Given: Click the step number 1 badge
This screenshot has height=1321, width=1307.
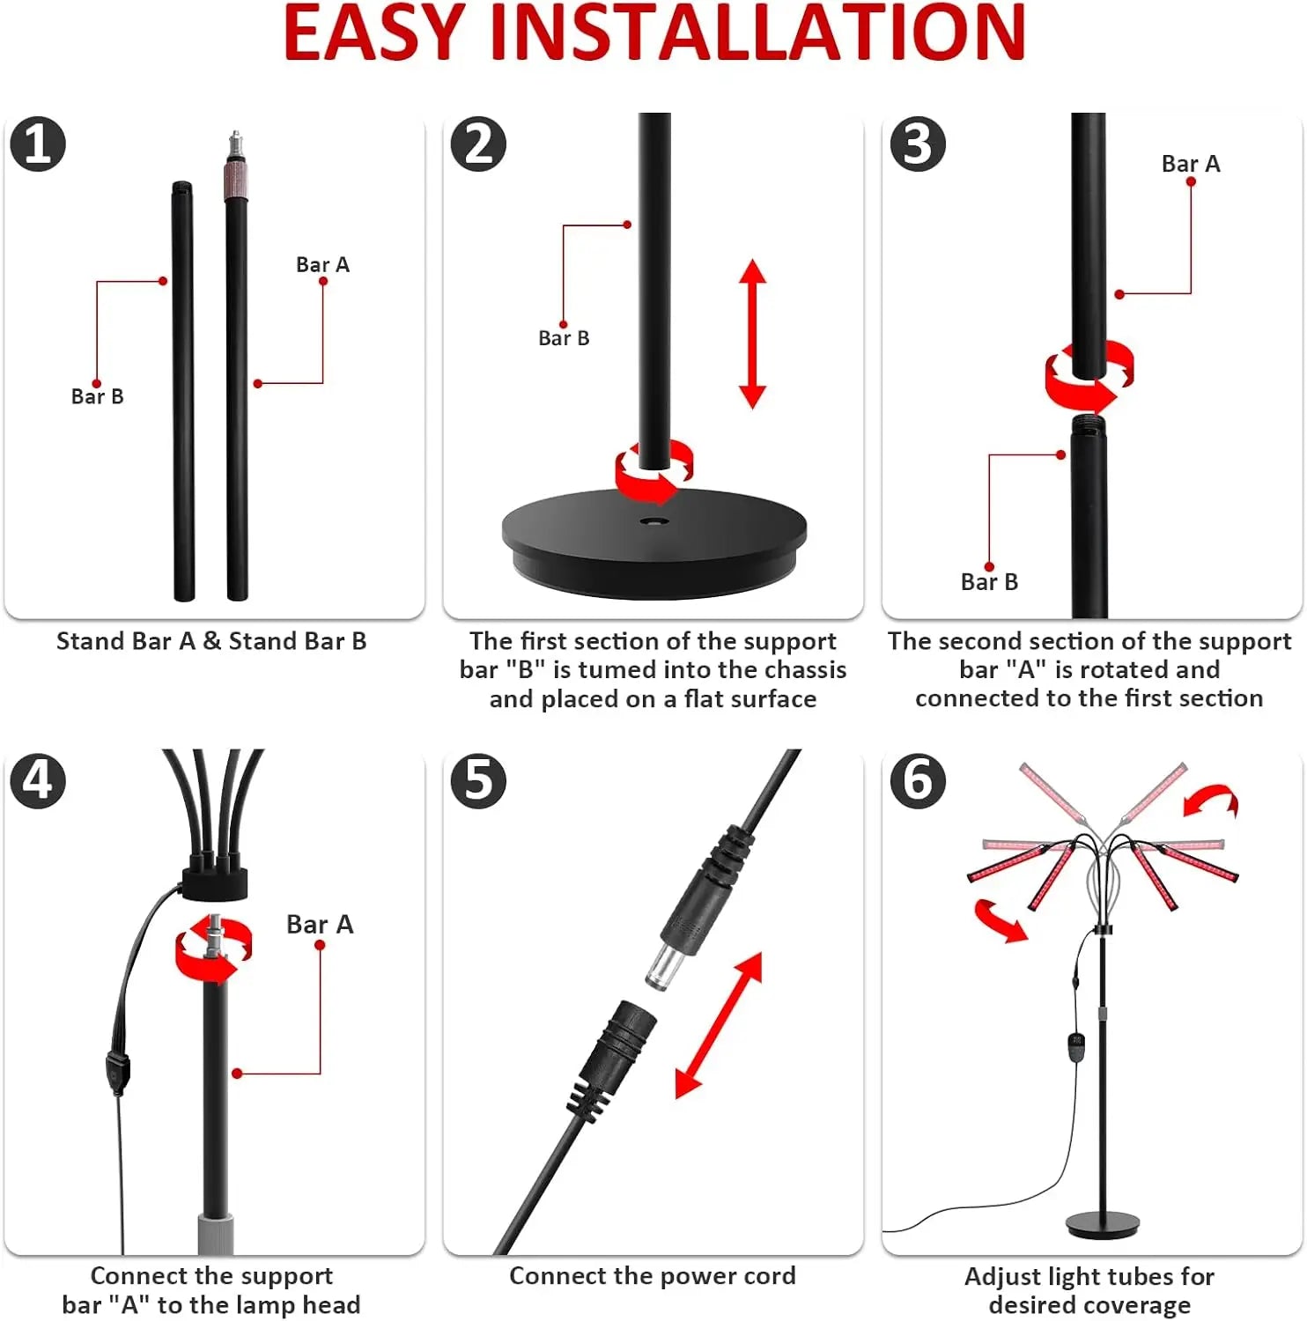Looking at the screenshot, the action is click(38, 144).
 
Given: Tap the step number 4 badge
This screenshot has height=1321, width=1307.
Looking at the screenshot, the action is click(38, 780).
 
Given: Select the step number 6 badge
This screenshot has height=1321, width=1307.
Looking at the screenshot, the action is click(918, 780).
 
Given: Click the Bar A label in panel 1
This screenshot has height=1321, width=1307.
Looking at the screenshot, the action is click(322, 264).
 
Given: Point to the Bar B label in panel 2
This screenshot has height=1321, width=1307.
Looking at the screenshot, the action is click(564, 338).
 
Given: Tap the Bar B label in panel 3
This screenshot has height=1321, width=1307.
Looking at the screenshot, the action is click(989, 582).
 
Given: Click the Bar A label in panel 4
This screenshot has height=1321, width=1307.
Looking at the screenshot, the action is click(320, 924).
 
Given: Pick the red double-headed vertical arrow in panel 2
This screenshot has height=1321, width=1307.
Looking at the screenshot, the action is click(752, 334).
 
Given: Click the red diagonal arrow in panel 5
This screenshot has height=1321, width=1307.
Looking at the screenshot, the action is click(719, 1025).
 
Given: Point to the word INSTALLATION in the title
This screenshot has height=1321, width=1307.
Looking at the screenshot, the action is click(757, 33).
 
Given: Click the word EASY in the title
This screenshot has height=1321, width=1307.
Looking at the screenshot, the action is click(373, 33).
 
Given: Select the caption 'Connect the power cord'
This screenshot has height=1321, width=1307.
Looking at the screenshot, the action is click(653, 1276).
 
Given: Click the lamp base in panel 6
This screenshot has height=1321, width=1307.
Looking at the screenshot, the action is click(1103, 1224).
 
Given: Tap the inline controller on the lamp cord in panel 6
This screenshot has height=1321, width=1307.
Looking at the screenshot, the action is click(1075, 1045).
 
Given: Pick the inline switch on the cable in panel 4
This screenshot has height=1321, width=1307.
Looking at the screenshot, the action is click(117, 1072).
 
